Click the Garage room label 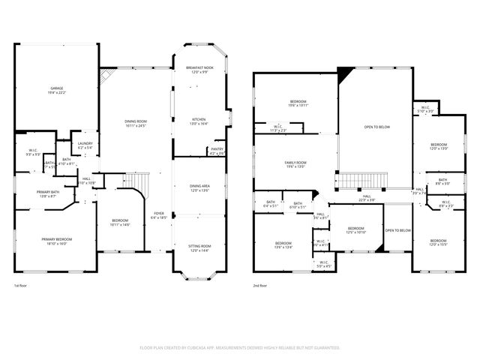pos(57,90)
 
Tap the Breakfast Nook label pos(200,70)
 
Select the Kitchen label pos(199,121)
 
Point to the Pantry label pos(217,151)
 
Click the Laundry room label pos(85,145)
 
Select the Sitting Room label pos(199,247)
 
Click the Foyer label pos(159,214)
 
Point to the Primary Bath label pos(47,193)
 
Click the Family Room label pos(295,164)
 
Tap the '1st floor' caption pos(22,286)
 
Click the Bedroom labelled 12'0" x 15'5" pos(438,244)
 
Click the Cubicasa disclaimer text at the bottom pos(240,348)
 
